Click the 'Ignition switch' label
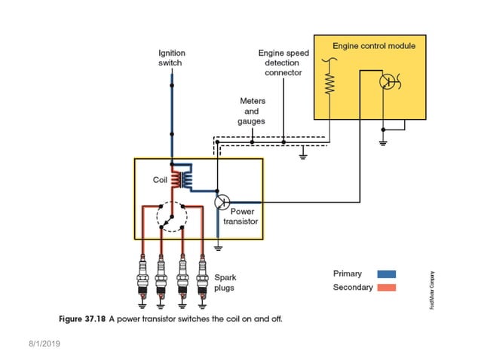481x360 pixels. [x=171, y=58]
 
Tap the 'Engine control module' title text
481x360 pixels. [x=374, y=46]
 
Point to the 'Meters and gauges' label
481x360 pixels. [x=252, y=111]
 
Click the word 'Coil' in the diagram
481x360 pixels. [x=160, y=180]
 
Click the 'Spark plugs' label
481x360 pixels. [x=225, y=282]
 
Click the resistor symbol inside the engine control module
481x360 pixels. [x=329, y=79]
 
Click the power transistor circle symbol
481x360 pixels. [x=222, y=202]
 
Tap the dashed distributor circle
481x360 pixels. [x=172, y=218]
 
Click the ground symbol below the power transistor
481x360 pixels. [x=218, y=246]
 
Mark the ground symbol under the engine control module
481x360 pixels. [x=383, y=142]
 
